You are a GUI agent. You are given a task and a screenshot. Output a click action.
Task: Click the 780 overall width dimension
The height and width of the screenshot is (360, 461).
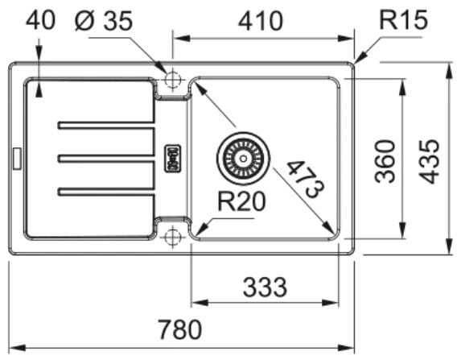pos(180,329)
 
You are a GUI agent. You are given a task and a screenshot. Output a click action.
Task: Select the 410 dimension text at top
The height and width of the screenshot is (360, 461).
pos(261,21)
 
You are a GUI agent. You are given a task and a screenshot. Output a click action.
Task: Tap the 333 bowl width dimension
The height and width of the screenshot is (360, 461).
pos(265,288)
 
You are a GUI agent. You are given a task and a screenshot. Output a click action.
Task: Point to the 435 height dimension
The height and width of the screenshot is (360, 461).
pos(429,162)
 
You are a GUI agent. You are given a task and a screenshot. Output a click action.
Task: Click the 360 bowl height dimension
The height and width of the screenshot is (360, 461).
pos(385,162)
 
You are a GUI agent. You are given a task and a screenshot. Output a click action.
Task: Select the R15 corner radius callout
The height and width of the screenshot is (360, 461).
pos(403,20)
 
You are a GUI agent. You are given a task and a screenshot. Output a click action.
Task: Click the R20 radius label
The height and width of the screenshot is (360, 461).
pos(241,201)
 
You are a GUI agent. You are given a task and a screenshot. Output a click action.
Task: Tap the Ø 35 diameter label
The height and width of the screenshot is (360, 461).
pos(104,21)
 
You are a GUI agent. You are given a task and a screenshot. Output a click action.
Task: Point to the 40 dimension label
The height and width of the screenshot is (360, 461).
pos(40,20)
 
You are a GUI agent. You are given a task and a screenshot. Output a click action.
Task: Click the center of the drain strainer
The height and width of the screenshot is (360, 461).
pos(243,159)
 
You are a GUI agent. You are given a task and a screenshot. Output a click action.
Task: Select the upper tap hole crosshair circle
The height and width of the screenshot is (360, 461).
pos(173,79)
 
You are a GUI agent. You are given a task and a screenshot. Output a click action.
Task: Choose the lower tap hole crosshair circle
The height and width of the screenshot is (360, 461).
pos(173,236)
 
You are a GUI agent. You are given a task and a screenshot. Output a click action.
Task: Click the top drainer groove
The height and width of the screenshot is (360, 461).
pos(106,125)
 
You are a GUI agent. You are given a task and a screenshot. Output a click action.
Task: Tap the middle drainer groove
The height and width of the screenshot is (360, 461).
pos(106,159)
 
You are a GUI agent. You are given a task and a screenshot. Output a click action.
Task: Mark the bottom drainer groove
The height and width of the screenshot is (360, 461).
pos(106,192)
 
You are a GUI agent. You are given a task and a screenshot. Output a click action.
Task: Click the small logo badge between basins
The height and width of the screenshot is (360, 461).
pos(173,159)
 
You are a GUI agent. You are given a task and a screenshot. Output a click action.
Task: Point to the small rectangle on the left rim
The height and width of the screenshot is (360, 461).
pos(17,159)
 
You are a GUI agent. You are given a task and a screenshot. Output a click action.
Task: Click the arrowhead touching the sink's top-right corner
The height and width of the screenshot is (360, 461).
pos(360,58)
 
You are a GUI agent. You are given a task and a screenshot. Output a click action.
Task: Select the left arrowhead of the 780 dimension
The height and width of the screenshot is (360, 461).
pos(17,348)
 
